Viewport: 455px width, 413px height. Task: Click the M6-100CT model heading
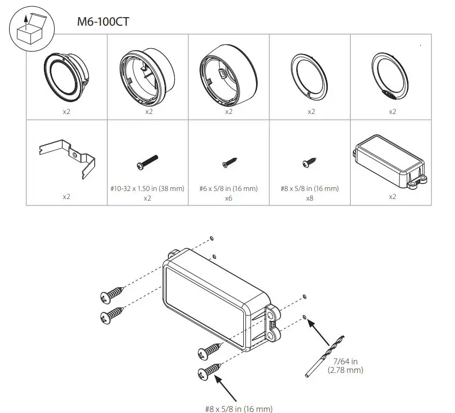coord(103,22)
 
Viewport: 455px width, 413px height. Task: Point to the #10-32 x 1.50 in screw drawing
coord(148,161)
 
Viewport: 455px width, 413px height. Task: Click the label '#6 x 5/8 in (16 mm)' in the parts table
coord(228,188)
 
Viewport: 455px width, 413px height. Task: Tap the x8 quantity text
coord(310,198)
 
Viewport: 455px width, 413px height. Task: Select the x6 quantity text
coord(228,198)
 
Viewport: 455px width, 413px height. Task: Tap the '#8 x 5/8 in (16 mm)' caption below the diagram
coord(238,409)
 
